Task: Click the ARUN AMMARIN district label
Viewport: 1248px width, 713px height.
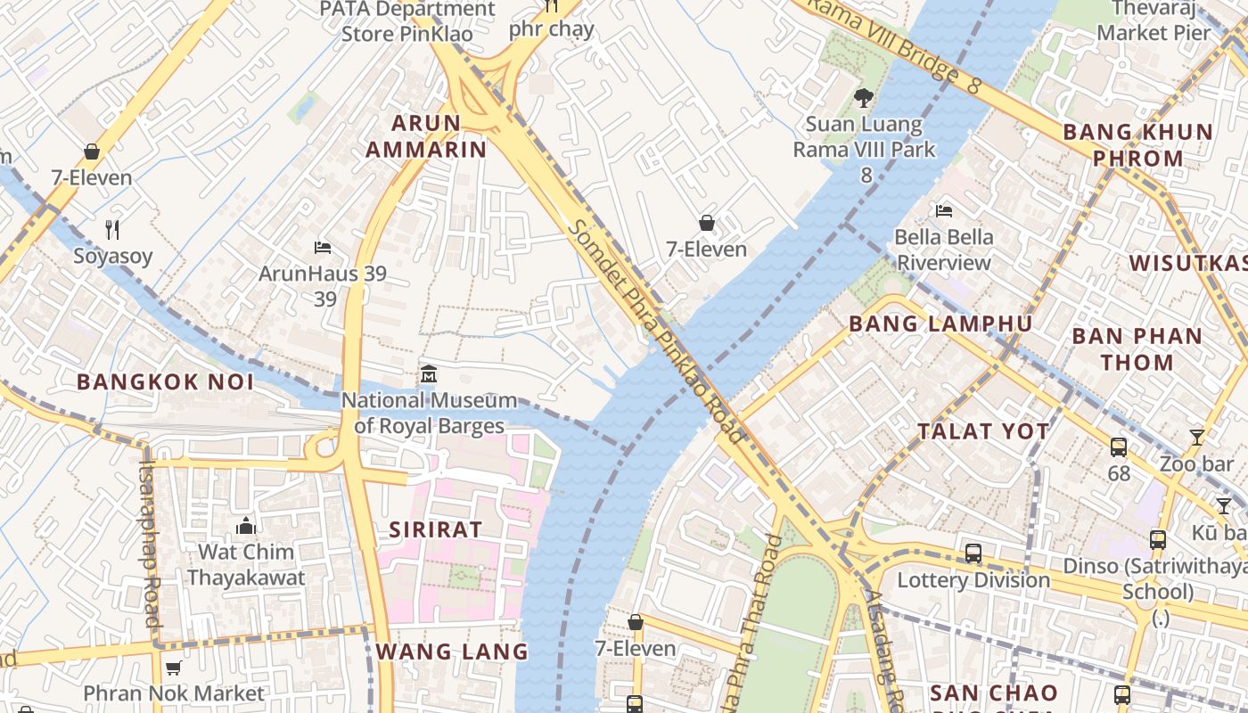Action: (426, 135)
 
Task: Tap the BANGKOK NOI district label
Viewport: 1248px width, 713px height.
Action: (165, 382)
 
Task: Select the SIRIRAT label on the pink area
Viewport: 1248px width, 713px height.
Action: (435, 529)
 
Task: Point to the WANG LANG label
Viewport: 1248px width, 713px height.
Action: (452, 652)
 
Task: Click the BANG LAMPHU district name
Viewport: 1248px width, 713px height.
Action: (940, 324)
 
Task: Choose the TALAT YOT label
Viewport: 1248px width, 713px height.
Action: (984, 431)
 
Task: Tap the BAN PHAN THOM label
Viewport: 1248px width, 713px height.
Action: (1137, 349)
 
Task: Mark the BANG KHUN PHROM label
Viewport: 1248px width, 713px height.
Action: (1137, 145)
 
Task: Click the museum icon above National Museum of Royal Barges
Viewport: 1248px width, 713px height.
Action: (429, 374)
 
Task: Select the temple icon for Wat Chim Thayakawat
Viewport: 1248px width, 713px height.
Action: (245, 526)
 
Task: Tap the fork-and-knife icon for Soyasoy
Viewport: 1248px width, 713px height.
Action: (112, 230)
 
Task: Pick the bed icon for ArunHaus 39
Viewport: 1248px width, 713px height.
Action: (323, 247)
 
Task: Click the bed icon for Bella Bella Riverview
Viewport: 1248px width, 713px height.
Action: (944, 211)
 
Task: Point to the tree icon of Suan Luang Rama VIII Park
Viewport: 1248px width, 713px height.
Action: (863, 97)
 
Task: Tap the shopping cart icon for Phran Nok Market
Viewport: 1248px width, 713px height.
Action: (174, 668)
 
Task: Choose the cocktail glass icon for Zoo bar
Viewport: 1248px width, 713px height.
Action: (1196, 438)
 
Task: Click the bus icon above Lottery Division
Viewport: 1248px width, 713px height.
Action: (973, 553)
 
